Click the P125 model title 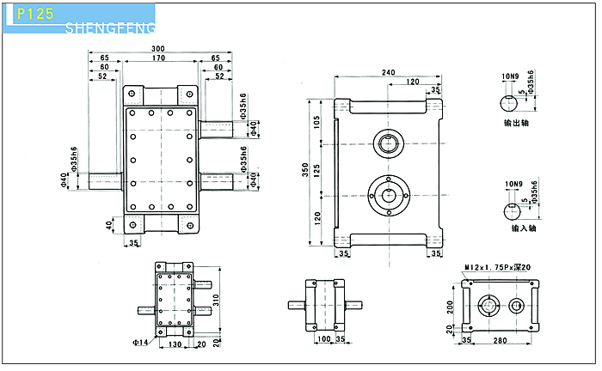click(x=34, y=15)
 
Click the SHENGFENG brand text click(x=110, y=30)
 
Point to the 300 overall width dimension click(x=157, y=48)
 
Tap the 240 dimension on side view click(x=389, y=73)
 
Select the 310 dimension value click(x=218, y=299)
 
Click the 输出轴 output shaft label click(x=517, y=123)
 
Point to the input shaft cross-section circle click(x=512, y=211)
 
